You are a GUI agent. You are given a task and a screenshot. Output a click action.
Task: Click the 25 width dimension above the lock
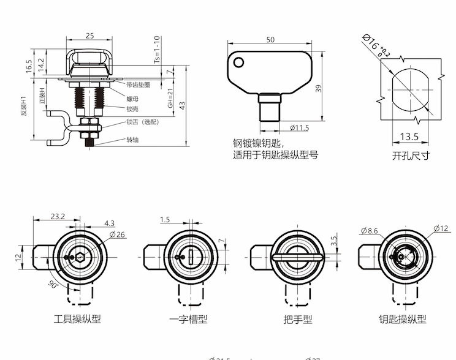tap(90, 36)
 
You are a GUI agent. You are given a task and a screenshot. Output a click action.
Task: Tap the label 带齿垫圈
tap(139, 85)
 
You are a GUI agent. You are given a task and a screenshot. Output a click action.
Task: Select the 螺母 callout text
tap(133, 99)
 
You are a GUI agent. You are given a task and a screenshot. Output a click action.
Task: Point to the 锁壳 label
tap(133, 108)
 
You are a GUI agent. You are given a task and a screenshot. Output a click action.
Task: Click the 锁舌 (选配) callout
tap(143, 122)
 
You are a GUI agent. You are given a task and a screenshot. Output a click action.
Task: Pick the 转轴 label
tap(133, 140)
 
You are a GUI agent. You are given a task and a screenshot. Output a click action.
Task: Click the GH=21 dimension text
tap(170, 96)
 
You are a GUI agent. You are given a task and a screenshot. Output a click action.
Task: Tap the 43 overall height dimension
tap(183, 106)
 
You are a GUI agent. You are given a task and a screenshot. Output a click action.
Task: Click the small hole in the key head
tap(239, 62)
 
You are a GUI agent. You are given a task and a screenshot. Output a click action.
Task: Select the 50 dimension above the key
tap(270, 40)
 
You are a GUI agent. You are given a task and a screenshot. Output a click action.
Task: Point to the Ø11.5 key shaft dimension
tap(298, 128)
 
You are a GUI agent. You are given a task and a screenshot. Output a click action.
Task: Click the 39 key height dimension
tap(318, 89)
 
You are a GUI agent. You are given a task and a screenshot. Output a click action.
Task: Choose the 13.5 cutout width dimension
tap(409, 137)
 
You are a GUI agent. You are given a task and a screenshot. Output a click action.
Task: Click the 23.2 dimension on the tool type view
tap(59, 216)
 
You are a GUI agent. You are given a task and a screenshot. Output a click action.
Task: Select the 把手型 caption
tap(298, 319)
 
